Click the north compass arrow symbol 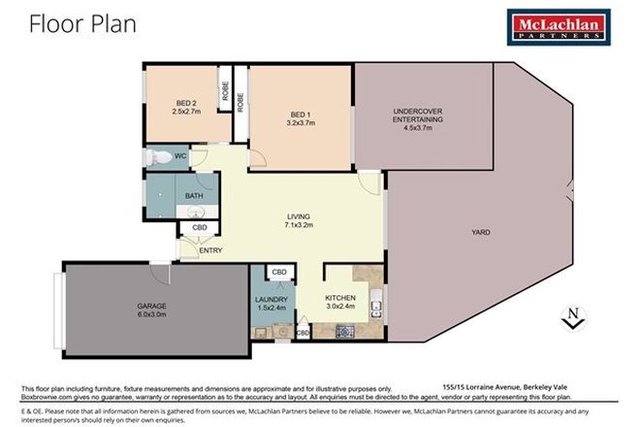[573, 315]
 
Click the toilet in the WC [155, 156]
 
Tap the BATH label [193, 196]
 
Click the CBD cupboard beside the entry [199, 229]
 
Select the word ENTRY [210, 250]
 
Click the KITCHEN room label [340, 297]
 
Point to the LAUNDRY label [272, 300]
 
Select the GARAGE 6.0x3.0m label [151, 311]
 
